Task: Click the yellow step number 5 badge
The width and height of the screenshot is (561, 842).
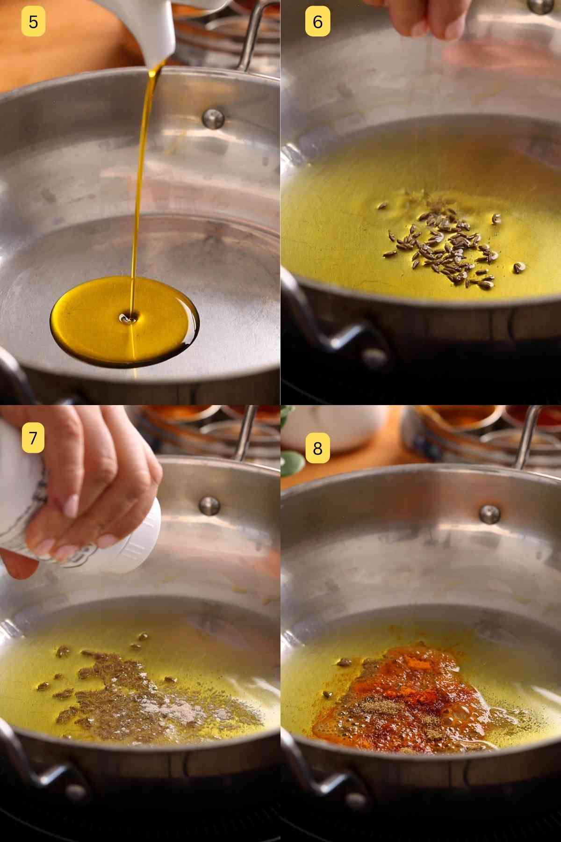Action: pyautogui.click(x=33, y=22)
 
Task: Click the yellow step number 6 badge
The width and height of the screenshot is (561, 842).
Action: pyautogui.click(x=317, y=22)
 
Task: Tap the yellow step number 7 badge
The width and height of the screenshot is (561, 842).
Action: pyautogui.click(x=33, y=438)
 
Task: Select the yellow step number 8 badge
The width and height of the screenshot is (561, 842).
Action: pyautogui.click(x=317, y=448)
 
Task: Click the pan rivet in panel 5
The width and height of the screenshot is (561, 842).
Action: pyautogui.click(x=213, y=118)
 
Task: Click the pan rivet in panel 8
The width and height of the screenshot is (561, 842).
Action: pyautogui.click(x=489, y=514)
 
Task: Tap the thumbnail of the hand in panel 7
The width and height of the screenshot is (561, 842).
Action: pyautogui.click(x=70, y=505)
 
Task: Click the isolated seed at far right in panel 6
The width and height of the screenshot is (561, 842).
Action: pyautogui.click(x=519, y=267)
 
